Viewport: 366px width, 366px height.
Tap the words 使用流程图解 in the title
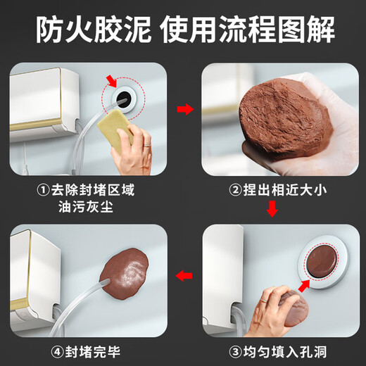click(x=247, y=29)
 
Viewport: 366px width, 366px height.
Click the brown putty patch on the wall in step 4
click(x=127, y=271)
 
